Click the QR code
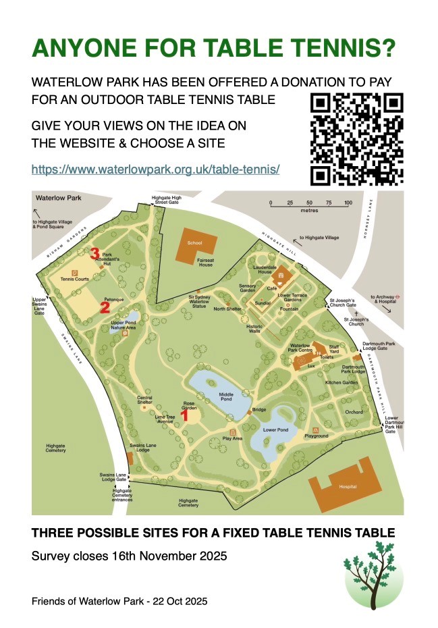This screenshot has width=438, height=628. [x=357, y=139]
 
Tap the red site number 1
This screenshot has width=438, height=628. [x=185, y=416]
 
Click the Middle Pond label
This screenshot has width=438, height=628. [x=225, y=397]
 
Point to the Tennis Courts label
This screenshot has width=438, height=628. [x=74, y=278]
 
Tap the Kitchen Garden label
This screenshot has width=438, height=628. [x=340, y=383]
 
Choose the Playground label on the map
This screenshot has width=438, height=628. [x=316, y=436]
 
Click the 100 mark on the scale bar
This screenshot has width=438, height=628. [x=348, y=203]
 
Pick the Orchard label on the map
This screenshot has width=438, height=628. [x=354, y=411]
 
